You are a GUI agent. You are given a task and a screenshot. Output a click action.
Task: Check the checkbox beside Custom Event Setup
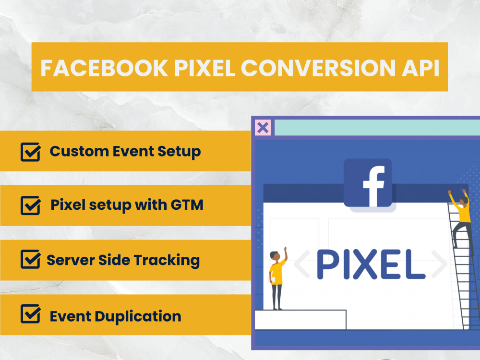pyautogui.click(x=31, y=152)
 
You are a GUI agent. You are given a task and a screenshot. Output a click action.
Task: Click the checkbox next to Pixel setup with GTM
pyautogui.click(x=31, y=205)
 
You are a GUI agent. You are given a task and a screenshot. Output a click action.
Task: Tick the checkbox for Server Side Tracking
pyautogui.click(x=31, y=260)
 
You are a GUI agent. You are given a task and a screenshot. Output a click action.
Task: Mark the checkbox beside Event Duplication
pyautogui.click(x=31, y=315)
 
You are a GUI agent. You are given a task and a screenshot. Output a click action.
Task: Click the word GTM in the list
pyautogui.click(x=187, y=205)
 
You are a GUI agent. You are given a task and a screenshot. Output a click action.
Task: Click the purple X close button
pyautogui.click(x=263, y=128)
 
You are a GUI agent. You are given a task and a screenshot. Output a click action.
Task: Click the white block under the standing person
pyautogui.click(x=300, y=320)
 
